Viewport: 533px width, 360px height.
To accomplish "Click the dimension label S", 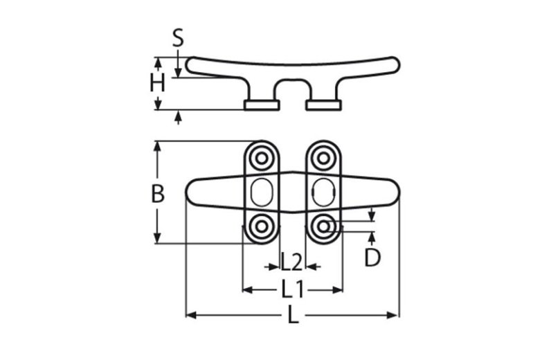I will click(x=178, y=38).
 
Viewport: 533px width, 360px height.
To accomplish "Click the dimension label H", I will click(x=159, y=84).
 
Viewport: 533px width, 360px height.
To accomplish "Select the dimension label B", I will click(x=158, y=194).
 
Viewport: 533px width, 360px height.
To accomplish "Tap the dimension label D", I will click(x=372, y=258).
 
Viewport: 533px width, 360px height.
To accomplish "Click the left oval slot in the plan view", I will click(x=262, y=192).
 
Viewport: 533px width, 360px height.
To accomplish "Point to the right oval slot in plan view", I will click(x=323, y=192).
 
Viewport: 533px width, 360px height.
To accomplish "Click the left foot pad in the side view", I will click(x=262, y=105).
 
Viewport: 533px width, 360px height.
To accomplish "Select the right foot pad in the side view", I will click(x=323, y=105).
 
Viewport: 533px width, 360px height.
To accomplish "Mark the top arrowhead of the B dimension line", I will click(x=159, y=146).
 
